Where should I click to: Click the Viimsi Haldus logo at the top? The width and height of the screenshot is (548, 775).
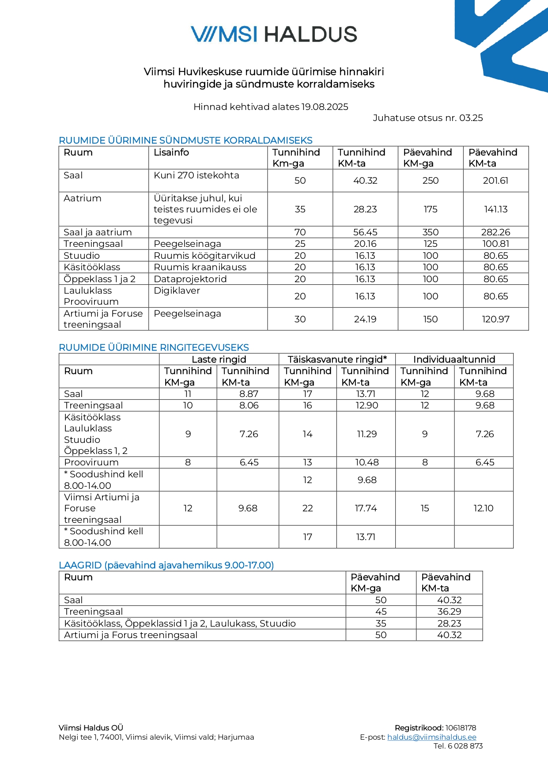[274, 34]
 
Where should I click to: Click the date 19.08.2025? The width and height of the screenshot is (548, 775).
[325, 107]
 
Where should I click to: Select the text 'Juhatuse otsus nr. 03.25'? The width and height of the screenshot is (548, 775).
[427, 118]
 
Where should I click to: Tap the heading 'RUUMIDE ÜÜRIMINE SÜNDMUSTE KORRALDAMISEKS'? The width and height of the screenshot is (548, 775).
[185, 140]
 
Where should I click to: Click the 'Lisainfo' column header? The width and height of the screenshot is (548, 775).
[171, 152]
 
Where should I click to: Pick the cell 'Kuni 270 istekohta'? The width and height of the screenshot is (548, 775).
[197, 175]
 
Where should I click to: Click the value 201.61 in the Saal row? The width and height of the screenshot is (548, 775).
[495, 181]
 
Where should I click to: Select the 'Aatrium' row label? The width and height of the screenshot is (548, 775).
[83, 198]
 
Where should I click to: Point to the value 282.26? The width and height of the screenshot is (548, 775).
[495, 232]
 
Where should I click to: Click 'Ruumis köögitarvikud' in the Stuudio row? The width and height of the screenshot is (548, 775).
[204, 256]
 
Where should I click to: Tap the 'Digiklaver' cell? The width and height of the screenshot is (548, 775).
[177, 291]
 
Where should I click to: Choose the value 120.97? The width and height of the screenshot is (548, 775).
[495, 319]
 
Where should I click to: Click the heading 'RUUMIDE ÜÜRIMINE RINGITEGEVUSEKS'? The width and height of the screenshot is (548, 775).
[154, 348]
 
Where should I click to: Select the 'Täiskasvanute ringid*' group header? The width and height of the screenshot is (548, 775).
[337, 359]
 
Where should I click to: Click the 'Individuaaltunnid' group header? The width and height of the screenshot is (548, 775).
[454, 359]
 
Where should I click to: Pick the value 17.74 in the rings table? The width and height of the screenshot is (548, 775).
[366, 508]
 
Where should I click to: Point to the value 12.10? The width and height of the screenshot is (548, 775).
[484, 508]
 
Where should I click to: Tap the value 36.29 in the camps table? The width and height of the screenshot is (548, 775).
[449, 612]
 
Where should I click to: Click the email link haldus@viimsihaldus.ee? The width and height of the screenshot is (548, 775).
[431, 737]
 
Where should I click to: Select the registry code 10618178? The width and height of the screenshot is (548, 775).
[461, 728]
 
